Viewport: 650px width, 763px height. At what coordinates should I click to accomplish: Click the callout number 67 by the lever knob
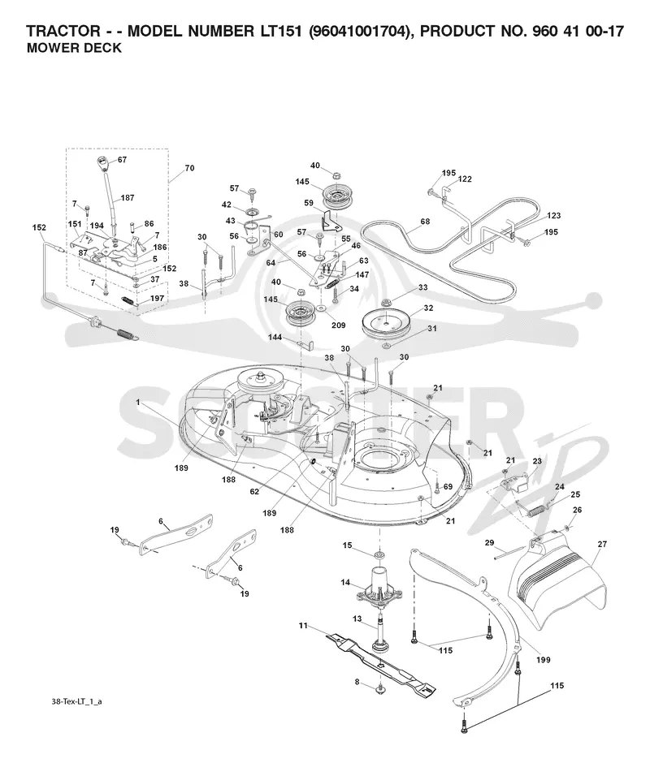pyautogui.click(x=122, y=160)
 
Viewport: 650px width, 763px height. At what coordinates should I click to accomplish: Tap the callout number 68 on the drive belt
pyautogui.click(x=425, y=222)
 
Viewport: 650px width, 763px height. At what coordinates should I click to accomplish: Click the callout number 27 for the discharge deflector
pyautogui.click(x=602, y=544)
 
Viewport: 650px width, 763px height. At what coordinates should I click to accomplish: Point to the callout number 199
pyautogui.click(x=544, y=660)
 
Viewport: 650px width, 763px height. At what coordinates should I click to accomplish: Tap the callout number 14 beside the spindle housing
pyautogui.click(x=345, y=583)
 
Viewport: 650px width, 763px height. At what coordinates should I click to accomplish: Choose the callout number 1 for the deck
pyautogui.click(x=138, y=403)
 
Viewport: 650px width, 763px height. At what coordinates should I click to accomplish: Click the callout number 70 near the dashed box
pyautogui.click(x=189, y=168)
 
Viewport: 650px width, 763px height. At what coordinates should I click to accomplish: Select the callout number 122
pyautogui.click(x=465, y=179)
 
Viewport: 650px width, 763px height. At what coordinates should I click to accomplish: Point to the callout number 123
pyautogui.click(x=553, y=215)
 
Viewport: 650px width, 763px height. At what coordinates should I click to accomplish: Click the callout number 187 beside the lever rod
pyautogui.click(x=128, y=197)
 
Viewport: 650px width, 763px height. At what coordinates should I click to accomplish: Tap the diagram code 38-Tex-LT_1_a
pyautogui.click(x=76, y=701)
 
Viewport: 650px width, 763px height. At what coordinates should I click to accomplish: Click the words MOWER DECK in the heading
pyautogui.click(x=74, y=48)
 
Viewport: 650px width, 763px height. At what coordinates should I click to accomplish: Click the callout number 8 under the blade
pyautogui.click(x=357, y=682)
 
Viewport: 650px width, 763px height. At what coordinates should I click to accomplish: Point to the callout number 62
pyautogui.click(x=254, y=491)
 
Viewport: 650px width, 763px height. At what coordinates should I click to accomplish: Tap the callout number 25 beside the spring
pyautogui.click(x=575, y=494)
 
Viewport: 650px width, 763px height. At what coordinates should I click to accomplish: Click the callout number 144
pyautogui.click(x=275, y=337)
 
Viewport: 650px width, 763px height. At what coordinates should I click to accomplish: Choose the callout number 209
pyautogui.click(x=338, y=325)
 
